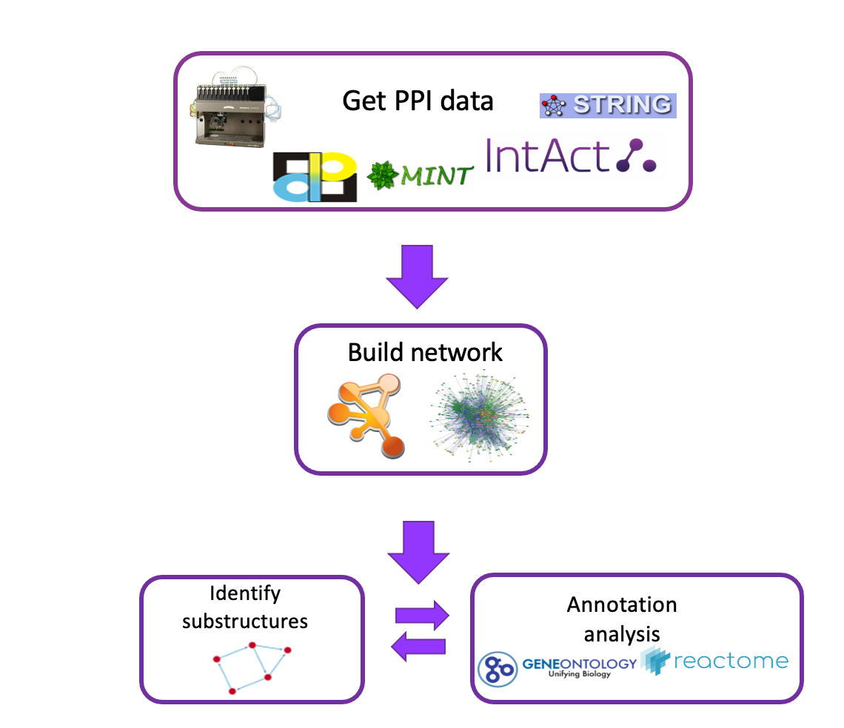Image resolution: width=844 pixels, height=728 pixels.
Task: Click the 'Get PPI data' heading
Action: (418, 101)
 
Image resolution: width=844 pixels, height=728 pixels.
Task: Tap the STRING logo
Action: (607, 106)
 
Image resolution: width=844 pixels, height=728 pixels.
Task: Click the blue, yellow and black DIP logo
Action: (315, 177)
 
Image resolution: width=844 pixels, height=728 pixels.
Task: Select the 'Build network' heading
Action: (425, 352)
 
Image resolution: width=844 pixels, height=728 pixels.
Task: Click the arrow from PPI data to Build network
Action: (418, 278)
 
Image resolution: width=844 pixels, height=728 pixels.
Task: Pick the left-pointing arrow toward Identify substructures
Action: (418, 647)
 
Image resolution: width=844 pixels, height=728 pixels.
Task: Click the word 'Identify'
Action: (245, 593)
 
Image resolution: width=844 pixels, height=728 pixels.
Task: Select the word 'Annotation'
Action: (622, 604)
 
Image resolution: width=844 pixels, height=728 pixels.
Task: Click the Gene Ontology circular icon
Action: (498, 668)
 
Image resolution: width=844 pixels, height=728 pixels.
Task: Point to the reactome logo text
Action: (729, 661)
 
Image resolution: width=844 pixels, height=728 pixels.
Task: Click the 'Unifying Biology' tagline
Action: (580, 674)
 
